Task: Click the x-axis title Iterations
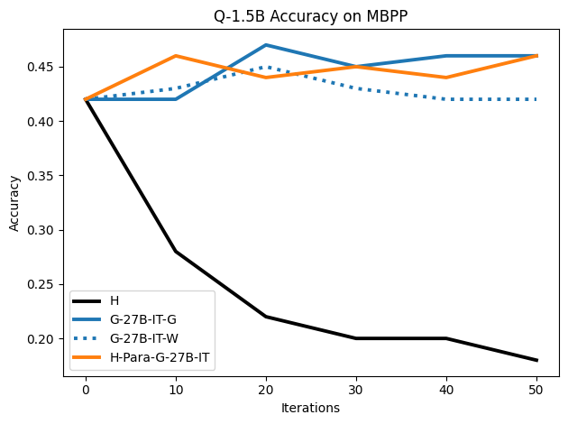311,408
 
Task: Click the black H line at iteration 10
176,252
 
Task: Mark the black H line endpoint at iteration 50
537,360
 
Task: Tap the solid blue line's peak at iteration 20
266,45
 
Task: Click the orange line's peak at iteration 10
176,56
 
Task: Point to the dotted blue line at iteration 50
537,99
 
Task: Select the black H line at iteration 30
356,338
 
